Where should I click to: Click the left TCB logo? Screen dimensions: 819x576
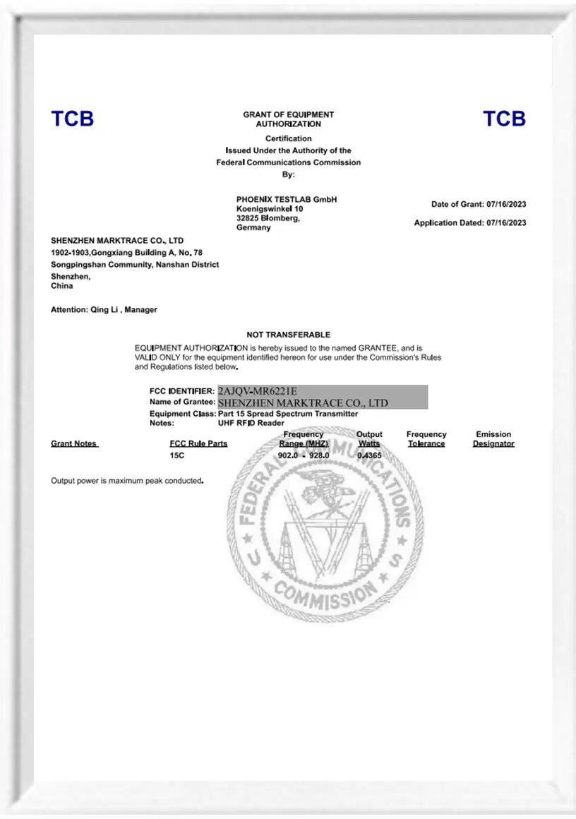click(72, 119)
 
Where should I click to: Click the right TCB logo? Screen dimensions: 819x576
click(504, 119)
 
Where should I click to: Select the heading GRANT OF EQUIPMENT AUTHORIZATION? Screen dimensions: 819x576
click(288, 119)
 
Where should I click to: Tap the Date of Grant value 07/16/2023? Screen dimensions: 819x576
click(506, 205)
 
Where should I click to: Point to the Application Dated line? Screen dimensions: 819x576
click(469, 223)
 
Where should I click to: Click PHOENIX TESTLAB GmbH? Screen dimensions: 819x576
click(287, 200)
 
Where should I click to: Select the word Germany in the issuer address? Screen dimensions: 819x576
click(253, 228)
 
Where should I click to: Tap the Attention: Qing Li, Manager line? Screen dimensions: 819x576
click(104, 310)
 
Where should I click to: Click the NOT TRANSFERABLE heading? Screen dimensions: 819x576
click(288, 335)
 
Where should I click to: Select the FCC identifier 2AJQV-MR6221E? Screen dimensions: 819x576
click(258, 391)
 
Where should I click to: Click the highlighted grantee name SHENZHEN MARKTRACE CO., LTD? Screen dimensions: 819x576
click(304, 403)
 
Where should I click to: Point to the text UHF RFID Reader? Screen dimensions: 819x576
click(251, 423)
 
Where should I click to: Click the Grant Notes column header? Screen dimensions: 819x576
click(74, 444)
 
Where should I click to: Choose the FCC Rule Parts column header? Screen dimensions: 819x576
click(198, 444)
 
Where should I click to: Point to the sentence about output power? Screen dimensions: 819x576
click(127, 481)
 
